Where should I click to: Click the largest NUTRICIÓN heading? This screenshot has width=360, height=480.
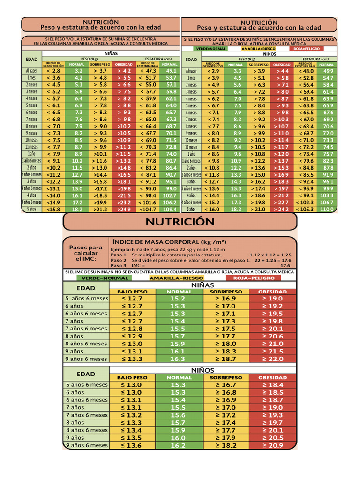(180, 221)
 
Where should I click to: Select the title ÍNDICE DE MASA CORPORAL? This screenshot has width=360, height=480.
(169, 242)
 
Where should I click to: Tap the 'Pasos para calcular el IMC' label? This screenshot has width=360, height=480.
(86, 253)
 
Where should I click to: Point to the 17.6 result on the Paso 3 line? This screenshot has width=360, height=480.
(285, 265)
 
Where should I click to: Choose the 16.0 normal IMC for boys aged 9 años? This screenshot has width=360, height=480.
(178, 438)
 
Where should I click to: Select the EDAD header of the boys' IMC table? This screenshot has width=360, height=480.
(86, 374)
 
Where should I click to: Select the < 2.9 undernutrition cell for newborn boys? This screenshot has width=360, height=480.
(213, 71)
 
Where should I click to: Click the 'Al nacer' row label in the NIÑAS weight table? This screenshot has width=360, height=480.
(31, 71)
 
